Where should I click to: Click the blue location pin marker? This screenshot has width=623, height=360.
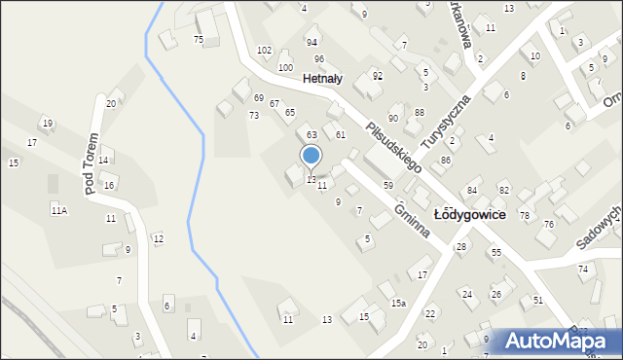click(311, 156)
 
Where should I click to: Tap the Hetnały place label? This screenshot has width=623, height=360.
click(322, 79)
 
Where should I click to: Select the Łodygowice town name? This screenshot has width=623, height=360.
click(473, 214)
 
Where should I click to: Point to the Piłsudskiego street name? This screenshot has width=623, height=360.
click(393, 147)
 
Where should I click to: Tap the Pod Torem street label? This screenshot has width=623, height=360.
click(92, 163)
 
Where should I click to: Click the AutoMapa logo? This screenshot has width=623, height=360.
click(561, 341)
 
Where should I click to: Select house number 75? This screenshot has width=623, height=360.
click(198, 39)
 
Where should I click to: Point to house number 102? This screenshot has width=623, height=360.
click(264, 50)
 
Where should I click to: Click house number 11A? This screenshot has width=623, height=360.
click(58, 210)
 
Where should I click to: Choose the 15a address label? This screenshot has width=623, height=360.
click(399, 303)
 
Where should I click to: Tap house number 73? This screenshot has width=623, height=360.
click(253, 116)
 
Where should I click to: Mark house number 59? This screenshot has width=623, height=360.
click(387, 185)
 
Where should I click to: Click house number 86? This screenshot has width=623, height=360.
click(445, 160)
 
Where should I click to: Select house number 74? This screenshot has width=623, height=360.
click(583, 269)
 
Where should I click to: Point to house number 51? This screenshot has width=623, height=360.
click(537, 301)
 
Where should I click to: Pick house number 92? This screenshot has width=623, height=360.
click(378, 75)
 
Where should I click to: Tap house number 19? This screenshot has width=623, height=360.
click(46, 123)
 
